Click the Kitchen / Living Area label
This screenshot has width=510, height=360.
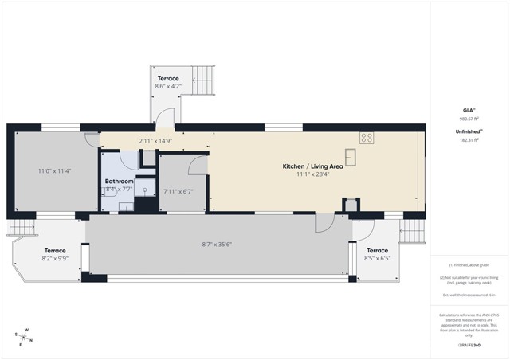click(313, 166)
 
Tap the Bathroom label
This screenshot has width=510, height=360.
click(120, 182)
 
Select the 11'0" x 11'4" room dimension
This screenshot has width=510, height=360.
click(55, 170)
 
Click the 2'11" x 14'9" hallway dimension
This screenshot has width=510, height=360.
click(155, 141)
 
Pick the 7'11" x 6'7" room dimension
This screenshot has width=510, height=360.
click(178, 191)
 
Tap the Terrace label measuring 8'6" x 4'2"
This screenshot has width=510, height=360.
click(168, 78)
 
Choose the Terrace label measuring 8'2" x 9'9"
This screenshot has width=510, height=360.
click(55, 251)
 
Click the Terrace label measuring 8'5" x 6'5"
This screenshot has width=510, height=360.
click(376, 251)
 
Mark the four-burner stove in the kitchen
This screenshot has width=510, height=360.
click(367, 138)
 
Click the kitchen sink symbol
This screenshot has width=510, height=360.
click(350, 154)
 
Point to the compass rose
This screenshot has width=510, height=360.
click(25, 335)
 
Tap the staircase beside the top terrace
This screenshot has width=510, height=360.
click(203, 80)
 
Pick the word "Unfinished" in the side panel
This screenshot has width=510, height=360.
click(466, 131)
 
